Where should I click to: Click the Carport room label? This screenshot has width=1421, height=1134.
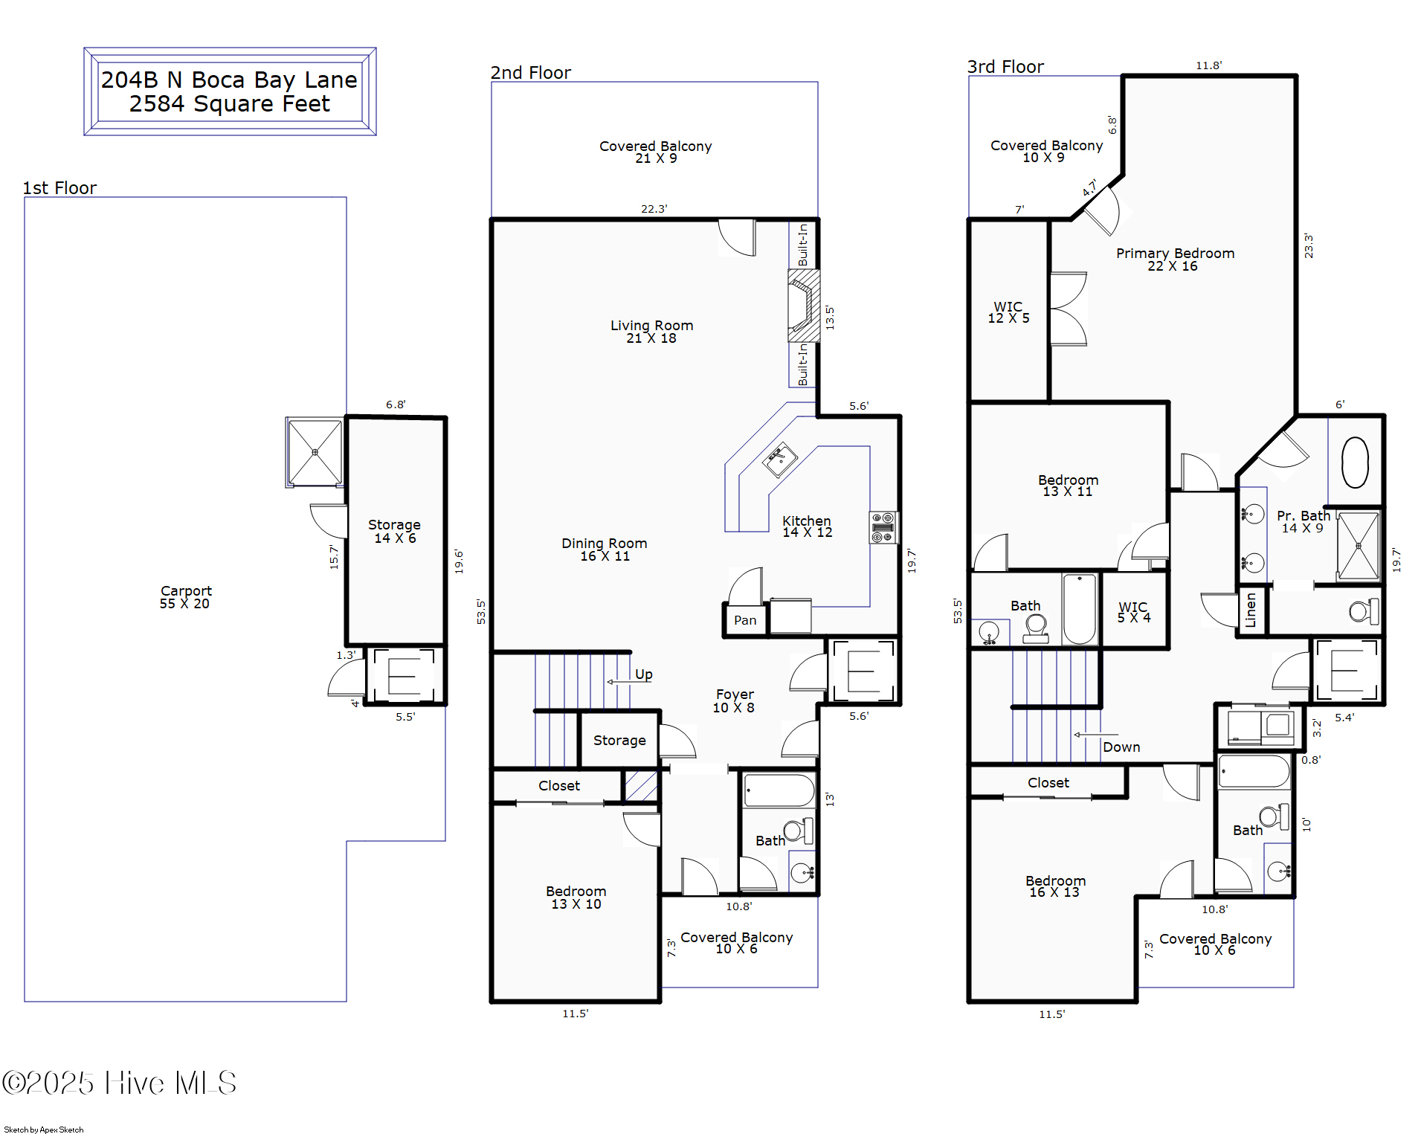coord(185,597)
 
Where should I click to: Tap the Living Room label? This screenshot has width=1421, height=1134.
coord(651,332)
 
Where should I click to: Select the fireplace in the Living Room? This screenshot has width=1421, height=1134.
coord(804,306)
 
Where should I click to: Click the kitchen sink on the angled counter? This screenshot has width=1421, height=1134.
coord(779,460)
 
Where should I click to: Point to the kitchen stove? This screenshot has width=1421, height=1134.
coord(883,527)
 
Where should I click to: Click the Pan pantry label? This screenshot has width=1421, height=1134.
coord(745,620)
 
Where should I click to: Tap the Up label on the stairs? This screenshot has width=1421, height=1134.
coord(644,674)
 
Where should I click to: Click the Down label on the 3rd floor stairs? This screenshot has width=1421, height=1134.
coord(1121,747)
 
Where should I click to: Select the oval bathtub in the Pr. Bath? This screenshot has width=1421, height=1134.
coord(1355,463)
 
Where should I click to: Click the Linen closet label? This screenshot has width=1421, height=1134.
coord(1251,610)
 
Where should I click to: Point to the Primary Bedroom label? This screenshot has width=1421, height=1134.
coord(1175,260)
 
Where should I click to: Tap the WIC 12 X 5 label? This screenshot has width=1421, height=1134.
coord(1008,312)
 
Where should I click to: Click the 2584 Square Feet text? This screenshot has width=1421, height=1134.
coord(229,103)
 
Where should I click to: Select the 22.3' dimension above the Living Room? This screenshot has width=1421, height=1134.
coord(654,209)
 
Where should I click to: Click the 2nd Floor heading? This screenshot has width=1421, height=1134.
coord(530,72)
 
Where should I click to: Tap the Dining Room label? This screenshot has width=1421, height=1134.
coord(604,550)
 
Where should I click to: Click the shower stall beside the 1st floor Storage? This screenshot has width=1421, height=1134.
coord(315,452)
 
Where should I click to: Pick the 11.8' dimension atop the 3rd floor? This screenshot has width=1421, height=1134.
coord(1208,65)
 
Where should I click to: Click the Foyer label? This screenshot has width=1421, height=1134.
coord(734,700)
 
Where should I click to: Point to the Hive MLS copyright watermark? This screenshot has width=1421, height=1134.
coord(119,1083)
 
